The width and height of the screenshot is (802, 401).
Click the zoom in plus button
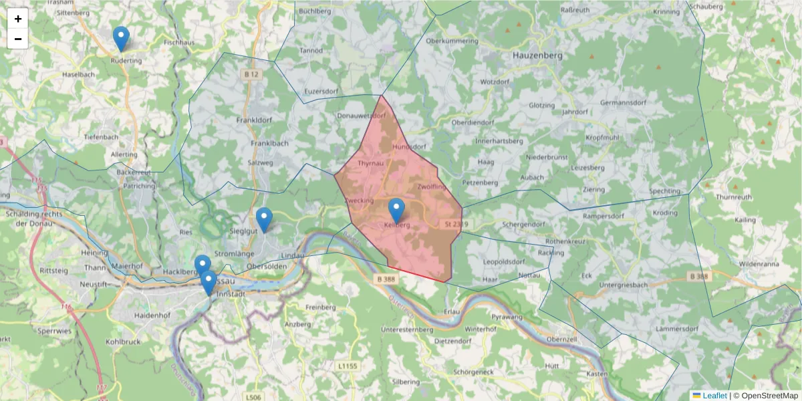tap(18, 19)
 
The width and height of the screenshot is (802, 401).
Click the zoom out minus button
tap(18, 39)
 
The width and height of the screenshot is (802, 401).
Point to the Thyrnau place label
tap(370, 163)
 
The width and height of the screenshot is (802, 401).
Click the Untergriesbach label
tap(611, 285)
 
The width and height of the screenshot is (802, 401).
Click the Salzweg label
tap(261, 162)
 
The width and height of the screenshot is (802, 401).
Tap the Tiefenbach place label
tap(101, 136)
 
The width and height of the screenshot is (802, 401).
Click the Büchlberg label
tap(316, 11)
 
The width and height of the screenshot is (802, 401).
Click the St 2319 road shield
tap(456, 224)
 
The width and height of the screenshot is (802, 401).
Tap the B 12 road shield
tap(251, 74)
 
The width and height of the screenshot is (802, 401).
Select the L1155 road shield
tap(348, 366)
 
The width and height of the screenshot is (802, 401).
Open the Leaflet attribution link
tap(714, 396)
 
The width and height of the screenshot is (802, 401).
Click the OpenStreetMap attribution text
tap(765, 396)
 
